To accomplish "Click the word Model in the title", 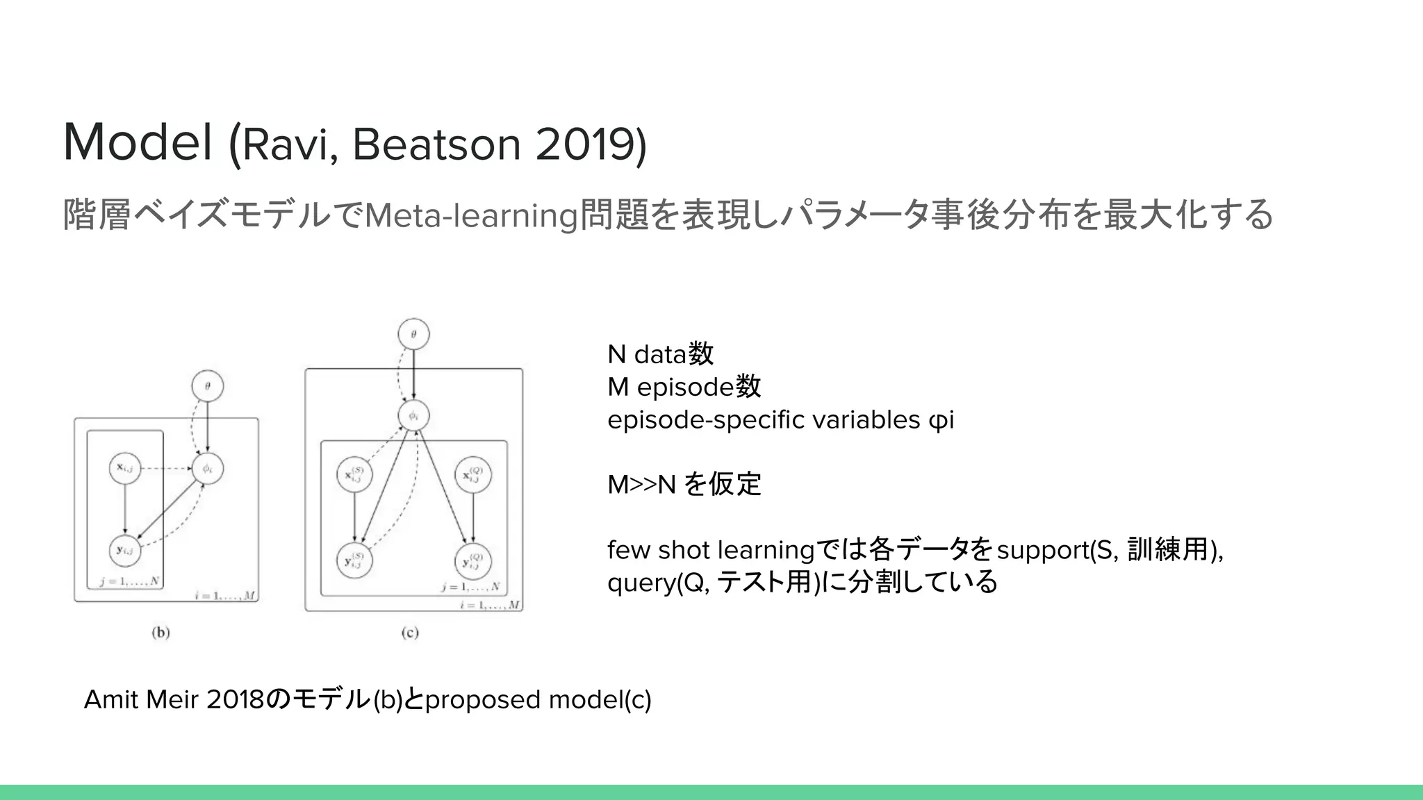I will [138, 142].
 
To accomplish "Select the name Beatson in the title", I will [436, 144].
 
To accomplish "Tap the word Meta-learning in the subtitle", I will [471, 215].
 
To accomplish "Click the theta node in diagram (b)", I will [208, 386].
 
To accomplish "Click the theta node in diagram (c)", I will [413, 335].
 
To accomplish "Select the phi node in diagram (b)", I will [207, 469].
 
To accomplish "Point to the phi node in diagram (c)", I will [413, 416].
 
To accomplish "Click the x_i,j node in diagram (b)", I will [125, 468].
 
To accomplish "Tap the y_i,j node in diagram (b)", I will [125, 551].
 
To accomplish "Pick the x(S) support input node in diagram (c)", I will [354, 476].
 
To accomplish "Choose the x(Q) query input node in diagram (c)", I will [473, 476].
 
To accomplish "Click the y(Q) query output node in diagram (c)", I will [473, 562].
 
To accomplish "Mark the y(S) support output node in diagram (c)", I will [354, 561].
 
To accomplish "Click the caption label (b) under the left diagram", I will [161, 633].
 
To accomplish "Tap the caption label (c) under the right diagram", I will [410, 633].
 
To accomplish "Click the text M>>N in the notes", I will [641, 485].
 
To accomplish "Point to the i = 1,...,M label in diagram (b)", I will [226, 595].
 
